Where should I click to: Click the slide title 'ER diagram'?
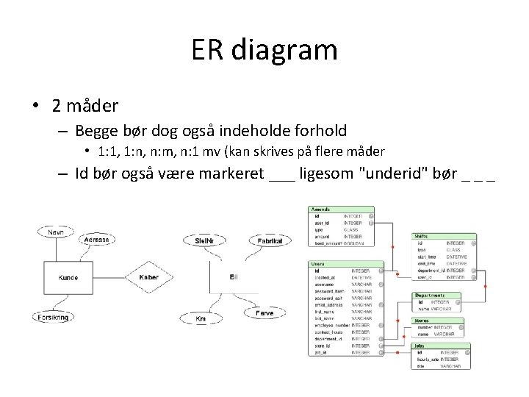pos(264,50)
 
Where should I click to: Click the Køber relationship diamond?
pos(148,277)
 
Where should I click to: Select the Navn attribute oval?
pos(56,232)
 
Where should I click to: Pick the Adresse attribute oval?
pos(96,240)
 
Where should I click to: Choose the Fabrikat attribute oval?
pos(270,240)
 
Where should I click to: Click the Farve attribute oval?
pos(264,313)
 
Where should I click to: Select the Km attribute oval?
pos(200,318)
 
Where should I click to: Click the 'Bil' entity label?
pos(233,276)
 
